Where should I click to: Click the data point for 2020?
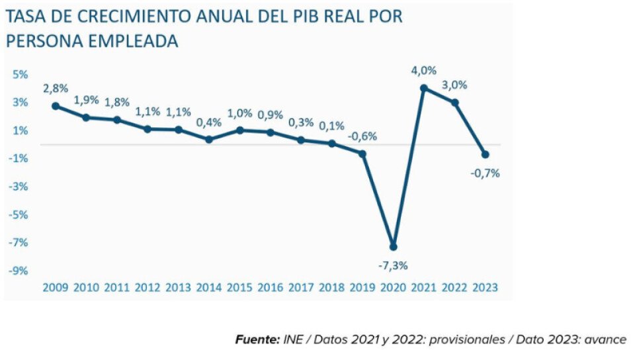[394, 247]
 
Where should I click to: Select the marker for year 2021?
[424, 88]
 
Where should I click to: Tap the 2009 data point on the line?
[56, 106]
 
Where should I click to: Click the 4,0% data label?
[424, 70]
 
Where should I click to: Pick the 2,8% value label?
[56, 88]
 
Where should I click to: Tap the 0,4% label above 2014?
[209, 122]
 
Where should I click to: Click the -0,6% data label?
[363, 136]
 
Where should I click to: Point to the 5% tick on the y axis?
[20, 75]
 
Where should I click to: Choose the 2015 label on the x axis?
[239, 288]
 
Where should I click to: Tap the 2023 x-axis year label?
[486, 288]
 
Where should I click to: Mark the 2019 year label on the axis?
[362, 288]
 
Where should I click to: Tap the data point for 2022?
[455, 103]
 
